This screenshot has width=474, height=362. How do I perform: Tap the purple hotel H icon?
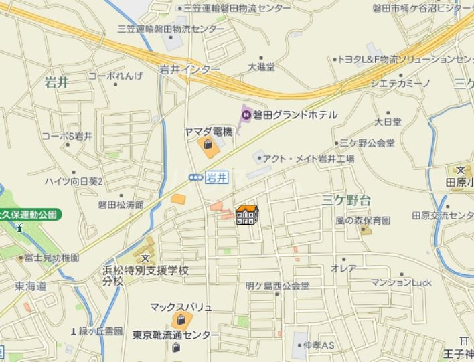point(246,115)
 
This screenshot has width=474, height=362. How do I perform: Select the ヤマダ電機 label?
point(208,132)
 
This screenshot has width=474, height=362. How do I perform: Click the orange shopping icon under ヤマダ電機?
point(208,145)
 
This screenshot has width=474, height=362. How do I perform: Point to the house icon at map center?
point(247,215)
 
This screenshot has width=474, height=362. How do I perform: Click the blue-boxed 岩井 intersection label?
point(216,177)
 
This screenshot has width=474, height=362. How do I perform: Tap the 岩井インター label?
point(189,69)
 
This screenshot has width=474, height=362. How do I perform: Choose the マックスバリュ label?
point(181,307)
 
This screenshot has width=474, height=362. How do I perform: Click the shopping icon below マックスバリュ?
point(180,321)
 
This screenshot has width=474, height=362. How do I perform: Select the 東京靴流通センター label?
point(175,335)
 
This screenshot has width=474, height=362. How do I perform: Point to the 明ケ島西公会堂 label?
point(277,286)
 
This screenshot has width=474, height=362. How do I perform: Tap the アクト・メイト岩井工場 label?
point(308,159)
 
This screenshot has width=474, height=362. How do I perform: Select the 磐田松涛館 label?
point(121,205)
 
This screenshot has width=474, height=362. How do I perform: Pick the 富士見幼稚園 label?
point(52,257)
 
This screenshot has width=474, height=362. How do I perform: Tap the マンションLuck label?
point(401,283)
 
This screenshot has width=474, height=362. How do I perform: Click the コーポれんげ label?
point(115,76)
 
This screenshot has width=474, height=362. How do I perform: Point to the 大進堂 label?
point(261,67)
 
